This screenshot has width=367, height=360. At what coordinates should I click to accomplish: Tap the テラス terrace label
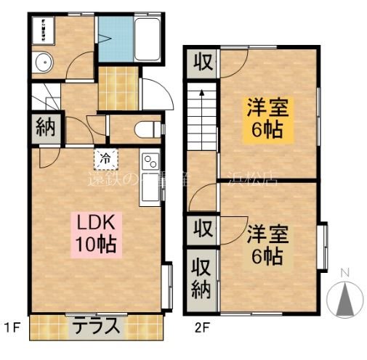pos(96,326)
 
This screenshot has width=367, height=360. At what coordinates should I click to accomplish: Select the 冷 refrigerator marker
pos(105,157)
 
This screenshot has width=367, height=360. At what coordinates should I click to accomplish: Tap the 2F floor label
pos(201,328)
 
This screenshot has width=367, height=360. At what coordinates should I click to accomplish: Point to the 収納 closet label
pos(201,277)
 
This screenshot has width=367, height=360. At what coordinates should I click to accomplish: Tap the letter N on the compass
pos(346,273)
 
